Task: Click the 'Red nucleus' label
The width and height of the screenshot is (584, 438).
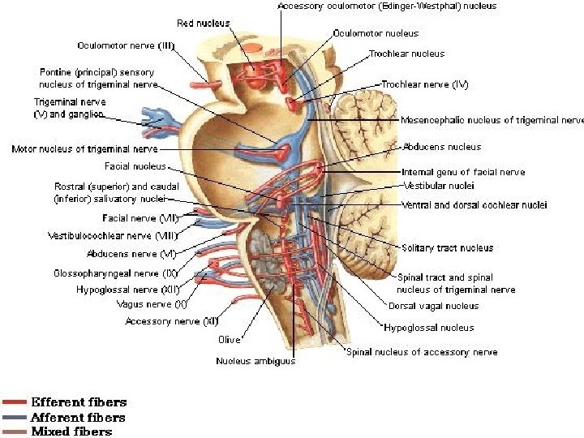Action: pos(203,24)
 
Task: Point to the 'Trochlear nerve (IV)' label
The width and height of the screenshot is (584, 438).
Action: pos(424,84)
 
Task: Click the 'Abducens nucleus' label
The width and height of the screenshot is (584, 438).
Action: pos(441,147)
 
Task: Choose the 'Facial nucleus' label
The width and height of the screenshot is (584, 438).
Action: pos(135,166)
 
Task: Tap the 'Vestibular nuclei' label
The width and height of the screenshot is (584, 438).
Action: pos(438,185)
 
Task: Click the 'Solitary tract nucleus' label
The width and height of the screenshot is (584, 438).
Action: pos(447,247)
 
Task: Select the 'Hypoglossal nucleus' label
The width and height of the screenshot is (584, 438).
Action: pos(429,328)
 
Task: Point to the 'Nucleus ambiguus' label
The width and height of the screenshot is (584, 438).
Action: pos(255,361)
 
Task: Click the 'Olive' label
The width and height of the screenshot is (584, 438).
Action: pos(229,340)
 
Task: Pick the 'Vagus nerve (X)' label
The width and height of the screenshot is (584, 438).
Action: pos(156,304)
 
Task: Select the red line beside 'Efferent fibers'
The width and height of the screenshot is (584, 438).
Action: pos(15,402)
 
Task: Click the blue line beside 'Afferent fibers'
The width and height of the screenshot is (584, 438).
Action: pos(15,417)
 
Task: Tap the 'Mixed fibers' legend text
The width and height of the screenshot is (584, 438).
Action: pos(71,432)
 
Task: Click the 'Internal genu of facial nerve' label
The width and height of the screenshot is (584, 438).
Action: pos(463,172)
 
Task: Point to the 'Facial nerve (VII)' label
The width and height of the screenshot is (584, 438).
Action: pos(140,217)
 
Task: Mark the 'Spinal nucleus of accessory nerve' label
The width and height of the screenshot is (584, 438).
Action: pos(422,352)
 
